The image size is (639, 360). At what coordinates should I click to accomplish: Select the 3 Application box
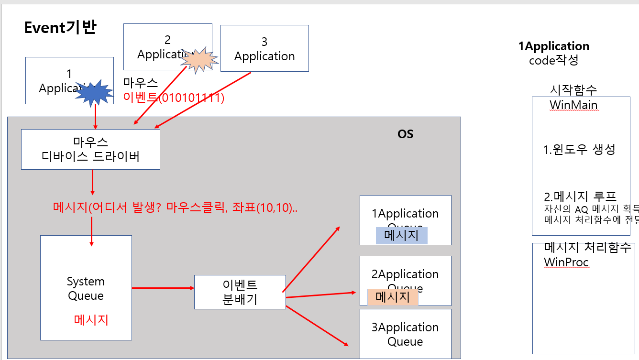264,48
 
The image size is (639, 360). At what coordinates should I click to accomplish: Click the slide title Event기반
60,28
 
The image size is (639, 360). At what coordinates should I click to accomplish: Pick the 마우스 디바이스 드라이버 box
90,149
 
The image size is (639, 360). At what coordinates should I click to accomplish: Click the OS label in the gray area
405,134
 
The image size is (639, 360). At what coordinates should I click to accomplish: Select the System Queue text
86,288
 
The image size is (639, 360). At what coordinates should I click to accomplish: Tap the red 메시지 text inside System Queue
91,320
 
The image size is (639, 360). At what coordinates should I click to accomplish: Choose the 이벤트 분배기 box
240,292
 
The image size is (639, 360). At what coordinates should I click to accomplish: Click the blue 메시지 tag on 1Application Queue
401,235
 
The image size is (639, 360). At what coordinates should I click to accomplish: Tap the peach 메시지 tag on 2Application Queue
393,297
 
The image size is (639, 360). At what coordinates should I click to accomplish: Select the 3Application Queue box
405,334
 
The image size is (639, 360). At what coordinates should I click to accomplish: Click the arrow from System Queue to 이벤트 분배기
163,288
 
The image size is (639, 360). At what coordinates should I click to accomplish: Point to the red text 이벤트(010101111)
174,98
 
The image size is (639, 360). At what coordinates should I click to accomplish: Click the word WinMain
573,105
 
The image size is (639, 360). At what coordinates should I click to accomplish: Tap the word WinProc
566,262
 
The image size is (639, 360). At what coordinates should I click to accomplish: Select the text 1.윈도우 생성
579,150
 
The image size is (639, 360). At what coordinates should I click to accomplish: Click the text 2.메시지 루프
580,196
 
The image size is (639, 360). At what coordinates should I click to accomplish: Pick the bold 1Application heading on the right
553,46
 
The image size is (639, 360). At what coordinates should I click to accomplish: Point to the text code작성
553,61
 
